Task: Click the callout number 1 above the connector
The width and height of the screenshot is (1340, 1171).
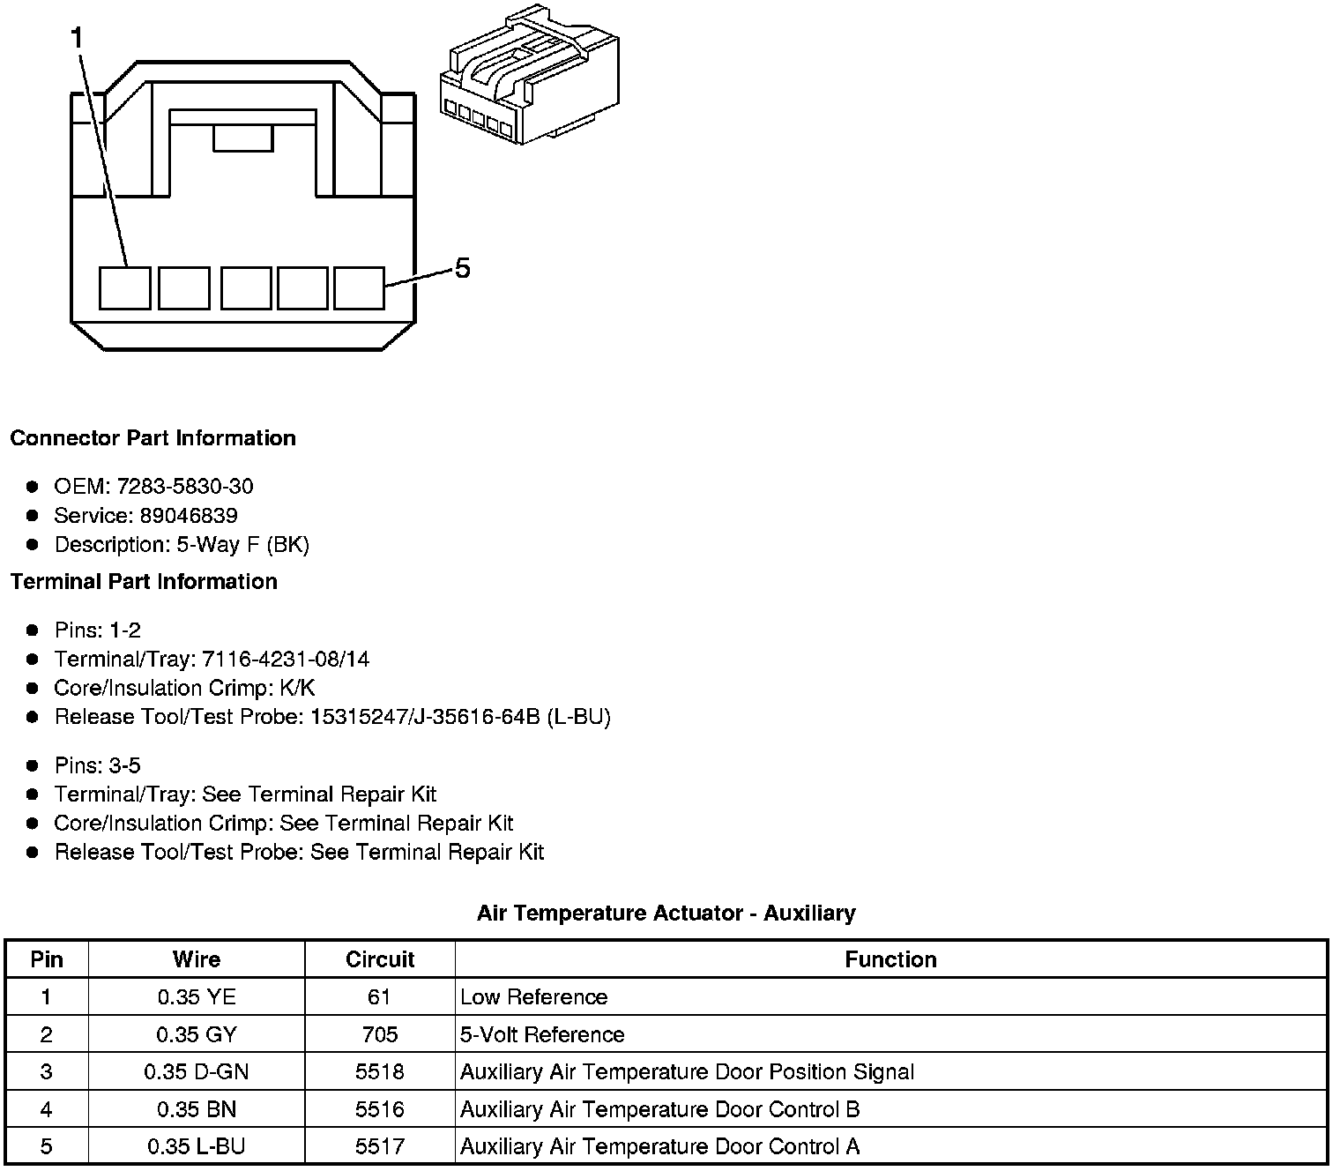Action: pos(77,38)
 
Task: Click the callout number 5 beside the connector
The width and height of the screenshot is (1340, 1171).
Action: pos(462,268)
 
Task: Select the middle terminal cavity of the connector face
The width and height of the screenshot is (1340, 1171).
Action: pos(246,288)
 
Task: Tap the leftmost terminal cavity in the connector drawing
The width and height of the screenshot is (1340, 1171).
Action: pos(124,288)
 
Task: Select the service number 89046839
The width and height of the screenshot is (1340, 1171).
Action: pos(189,515)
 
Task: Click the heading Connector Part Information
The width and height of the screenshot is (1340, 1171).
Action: pos(153,438)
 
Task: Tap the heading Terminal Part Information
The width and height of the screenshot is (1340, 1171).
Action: pos(144,582)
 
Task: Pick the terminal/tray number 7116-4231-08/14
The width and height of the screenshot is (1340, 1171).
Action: pos(286,659)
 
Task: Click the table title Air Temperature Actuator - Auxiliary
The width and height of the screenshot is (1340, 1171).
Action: pos(666,913)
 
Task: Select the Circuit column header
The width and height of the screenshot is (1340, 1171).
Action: pos(380,959)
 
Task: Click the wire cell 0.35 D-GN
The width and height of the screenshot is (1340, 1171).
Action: pos(197,1071)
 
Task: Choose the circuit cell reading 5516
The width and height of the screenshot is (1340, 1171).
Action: pos(380,1108)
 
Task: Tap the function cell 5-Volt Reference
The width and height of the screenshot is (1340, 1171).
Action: pos(542,1034)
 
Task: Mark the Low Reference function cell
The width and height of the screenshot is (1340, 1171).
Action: pos(534,997)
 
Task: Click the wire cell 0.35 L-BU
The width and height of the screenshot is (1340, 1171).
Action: pos(197,1146)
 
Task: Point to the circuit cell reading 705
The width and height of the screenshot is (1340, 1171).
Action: pos(380,1034)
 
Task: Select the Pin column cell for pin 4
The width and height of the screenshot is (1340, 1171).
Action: pos(47,1108)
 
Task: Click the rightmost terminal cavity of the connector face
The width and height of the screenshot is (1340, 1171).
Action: pos(360,288)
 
